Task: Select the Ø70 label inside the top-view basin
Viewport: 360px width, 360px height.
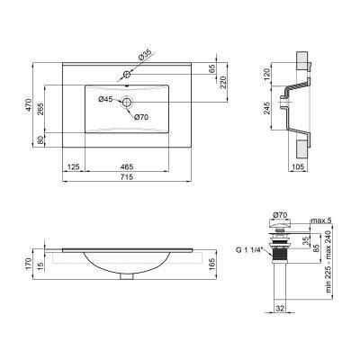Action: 140,117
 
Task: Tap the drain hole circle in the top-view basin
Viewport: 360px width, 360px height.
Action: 127,102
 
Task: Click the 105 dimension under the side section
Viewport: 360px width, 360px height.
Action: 298,167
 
